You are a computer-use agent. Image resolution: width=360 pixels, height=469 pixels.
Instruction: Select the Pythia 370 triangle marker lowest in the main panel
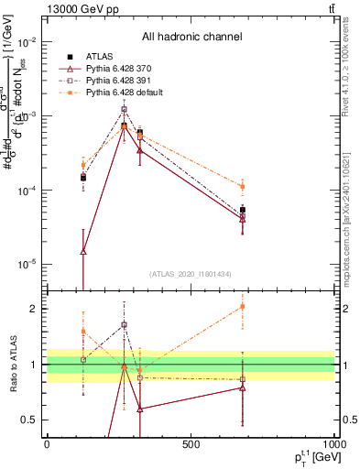[x=83, y=251]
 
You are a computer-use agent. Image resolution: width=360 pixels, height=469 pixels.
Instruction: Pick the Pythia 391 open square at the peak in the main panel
[x=124, y=109]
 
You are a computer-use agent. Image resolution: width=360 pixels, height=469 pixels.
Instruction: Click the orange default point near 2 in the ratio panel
[x=243, y=306]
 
